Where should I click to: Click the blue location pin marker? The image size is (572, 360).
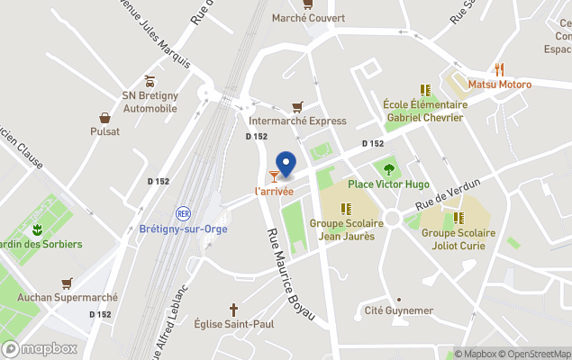[x=286, y=165]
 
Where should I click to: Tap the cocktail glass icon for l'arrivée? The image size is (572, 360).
[x=274, y=176]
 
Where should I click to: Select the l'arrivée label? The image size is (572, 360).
[x=274, y=191]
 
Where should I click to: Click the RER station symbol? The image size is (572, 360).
[x=183, y=213]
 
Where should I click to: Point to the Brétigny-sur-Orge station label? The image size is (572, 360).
[x=183, y=229]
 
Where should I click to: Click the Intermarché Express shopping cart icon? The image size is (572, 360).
[x=297, y=106]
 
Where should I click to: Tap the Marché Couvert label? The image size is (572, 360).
[x=308, y=17]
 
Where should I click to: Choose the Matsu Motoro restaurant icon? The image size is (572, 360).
[x=498, y=69]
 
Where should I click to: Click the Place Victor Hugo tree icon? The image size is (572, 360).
[x=389, y=168]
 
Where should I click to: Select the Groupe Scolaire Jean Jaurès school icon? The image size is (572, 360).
[x=346, y=208]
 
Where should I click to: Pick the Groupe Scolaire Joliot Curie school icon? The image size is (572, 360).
[x=458, y=218]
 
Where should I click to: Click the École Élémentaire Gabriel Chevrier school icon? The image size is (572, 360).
[x=424, y=90]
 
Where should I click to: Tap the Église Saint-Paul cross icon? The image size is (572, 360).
[x=234, y=309]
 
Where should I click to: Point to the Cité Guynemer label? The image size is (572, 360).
[x=398, y=310]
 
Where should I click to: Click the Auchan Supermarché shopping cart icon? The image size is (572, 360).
[x=67, y=283]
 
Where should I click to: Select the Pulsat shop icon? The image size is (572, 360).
[x=104, y=117]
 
